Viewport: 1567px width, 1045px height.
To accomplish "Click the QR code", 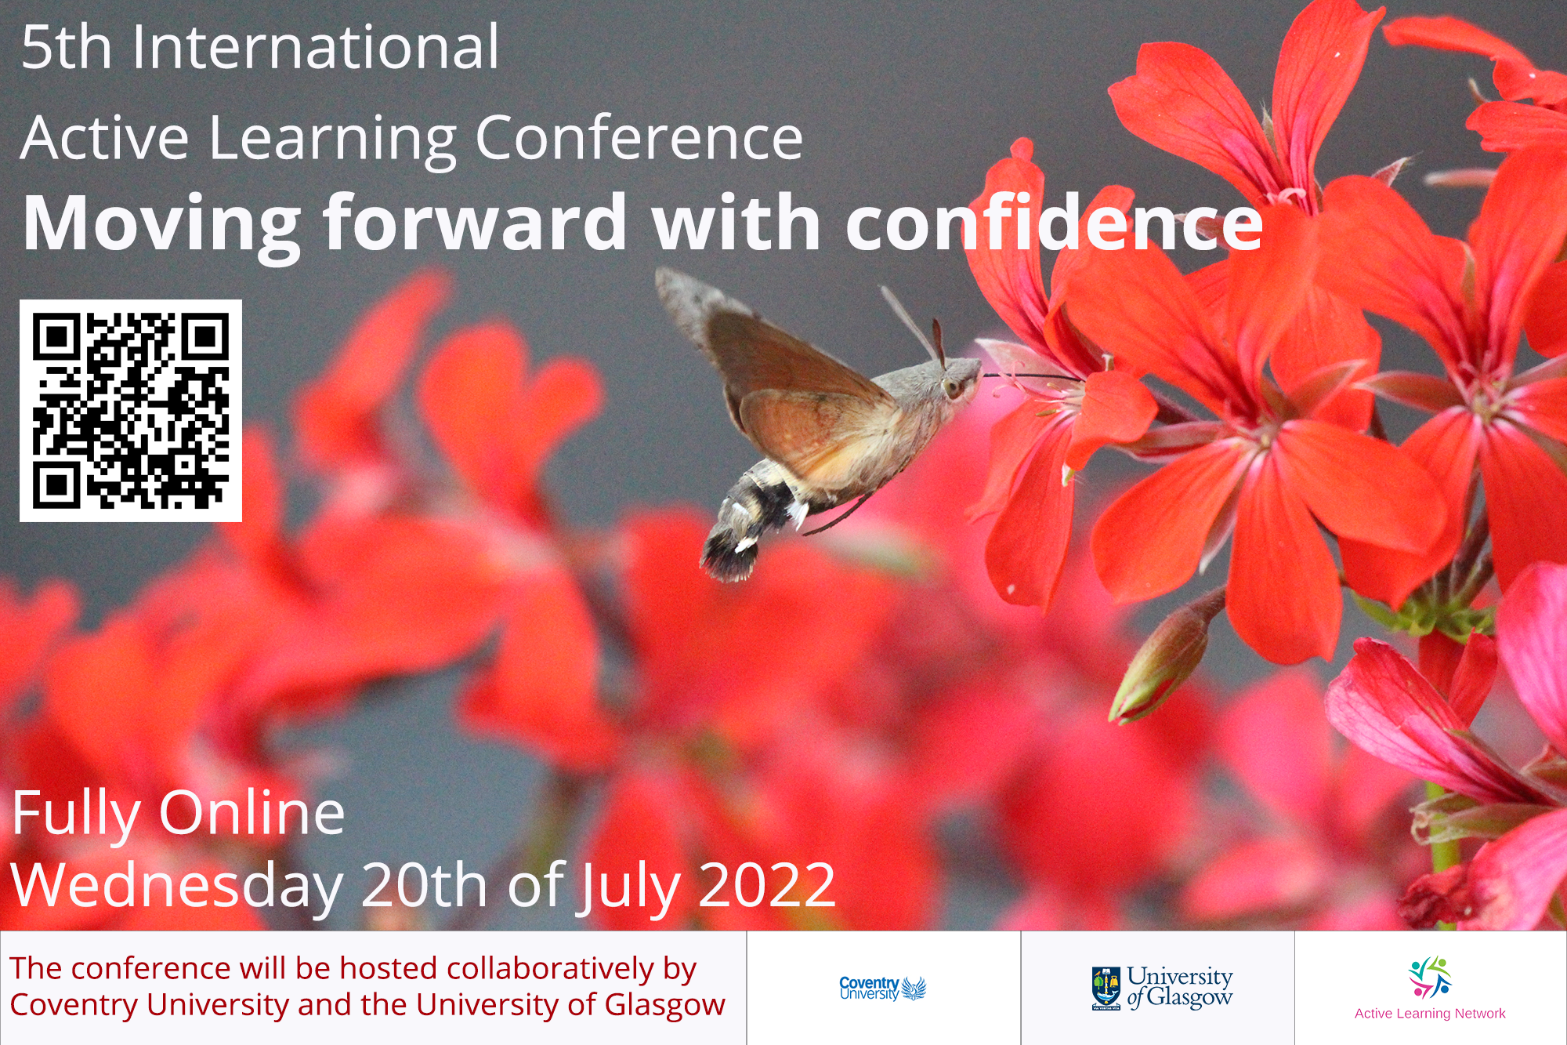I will [130, 410].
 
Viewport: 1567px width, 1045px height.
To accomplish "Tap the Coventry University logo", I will [882, 988].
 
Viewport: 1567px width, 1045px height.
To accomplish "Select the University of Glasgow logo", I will [1162, 988].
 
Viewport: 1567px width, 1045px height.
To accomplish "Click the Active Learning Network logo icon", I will [1430, 976].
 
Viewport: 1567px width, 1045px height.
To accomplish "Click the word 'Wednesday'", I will [176, 884].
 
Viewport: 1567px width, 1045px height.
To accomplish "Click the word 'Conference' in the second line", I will [639, 138].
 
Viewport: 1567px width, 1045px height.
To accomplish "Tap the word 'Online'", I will [251, 813].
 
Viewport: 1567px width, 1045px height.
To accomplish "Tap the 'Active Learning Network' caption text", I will [1430, 1013].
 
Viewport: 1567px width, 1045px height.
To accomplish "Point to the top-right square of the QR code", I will [206, 336].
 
